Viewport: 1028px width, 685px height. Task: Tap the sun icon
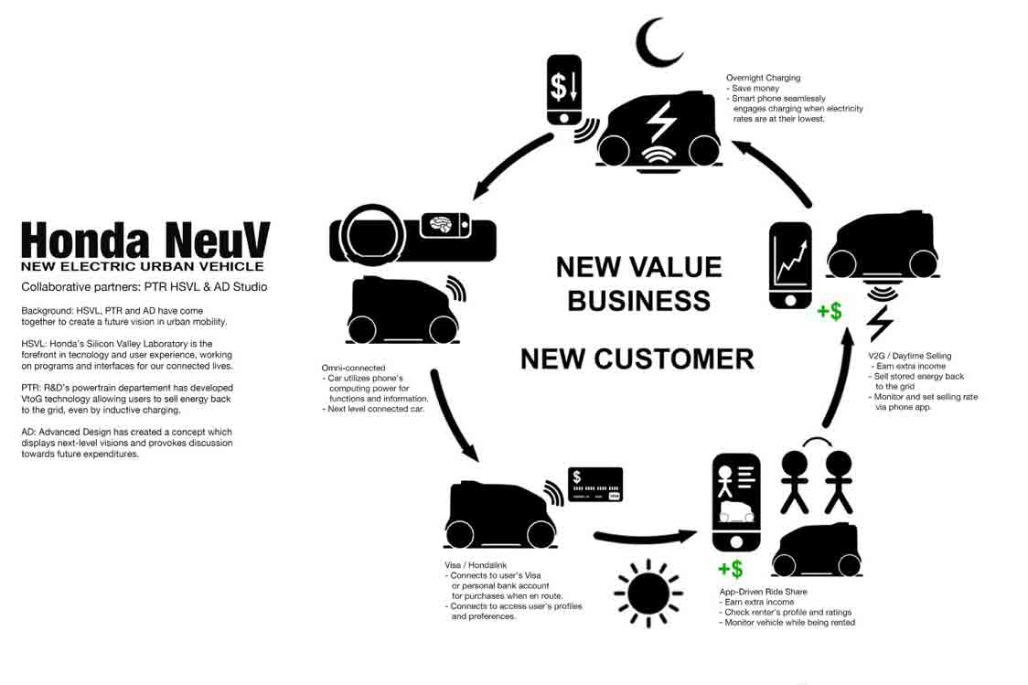(x=648, y=594)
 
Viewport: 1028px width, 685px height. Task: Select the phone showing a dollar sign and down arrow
(x=563, y=90)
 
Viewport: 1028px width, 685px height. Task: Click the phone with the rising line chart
(x=790, y=265)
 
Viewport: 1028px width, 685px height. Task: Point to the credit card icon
(x=595, y=485)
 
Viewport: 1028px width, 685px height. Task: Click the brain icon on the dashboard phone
(x=439, y=225)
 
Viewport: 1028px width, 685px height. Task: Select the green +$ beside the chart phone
(x=830, y=311)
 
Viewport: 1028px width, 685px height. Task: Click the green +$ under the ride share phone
(x=731, y=569)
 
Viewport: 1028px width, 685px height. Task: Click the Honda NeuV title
(x=145, y=240)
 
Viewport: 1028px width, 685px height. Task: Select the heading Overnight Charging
(x=763, y=78)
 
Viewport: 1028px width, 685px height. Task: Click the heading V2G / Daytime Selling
(x=909, y=355)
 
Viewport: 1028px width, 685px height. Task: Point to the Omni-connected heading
(x=353, y=368)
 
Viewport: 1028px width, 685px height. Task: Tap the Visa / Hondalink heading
(x=476, y=565)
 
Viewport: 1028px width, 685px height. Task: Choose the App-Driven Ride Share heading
(x=763, y=592)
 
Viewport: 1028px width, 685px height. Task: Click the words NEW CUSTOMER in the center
(x=637, y=359)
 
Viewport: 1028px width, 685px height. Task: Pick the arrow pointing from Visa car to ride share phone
(x=645, y=538)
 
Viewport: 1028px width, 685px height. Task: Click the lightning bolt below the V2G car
(x=880, y=323)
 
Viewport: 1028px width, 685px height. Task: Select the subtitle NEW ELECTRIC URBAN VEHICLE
(x=143, y=266)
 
